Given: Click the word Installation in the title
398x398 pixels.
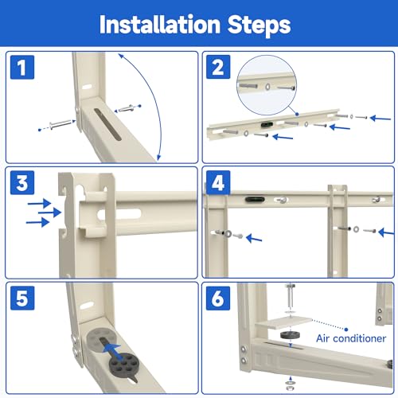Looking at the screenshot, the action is pos(160,25).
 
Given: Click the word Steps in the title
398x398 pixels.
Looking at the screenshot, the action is pos(259,25).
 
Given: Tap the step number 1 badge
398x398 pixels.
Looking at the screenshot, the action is pos(22,68).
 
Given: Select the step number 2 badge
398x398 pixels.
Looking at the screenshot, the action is pos(218,67).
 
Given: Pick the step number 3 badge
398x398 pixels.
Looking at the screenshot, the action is pos(22,182).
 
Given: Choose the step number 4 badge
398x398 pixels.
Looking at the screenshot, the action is pos(218,182).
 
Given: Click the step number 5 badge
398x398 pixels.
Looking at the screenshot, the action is pos(22,298).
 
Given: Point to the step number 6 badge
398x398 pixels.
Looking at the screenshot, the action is pos(218,298).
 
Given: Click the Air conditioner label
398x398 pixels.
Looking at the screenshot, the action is pos(351,338).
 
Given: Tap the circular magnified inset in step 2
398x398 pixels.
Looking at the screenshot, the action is pos(267,85).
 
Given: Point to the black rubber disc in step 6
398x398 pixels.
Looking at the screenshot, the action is pos(290,334).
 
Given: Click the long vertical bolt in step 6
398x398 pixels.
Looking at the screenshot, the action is pos(291,297).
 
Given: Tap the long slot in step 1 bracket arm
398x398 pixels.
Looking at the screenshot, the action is pos(108,124).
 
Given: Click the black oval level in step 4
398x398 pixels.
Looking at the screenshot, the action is pos(255,199).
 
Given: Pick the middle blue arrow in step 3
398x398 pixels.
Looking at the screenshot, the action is pos(50,213).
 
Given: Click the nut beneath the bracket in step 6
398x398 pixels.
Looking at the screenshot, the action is pos(290,388).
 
